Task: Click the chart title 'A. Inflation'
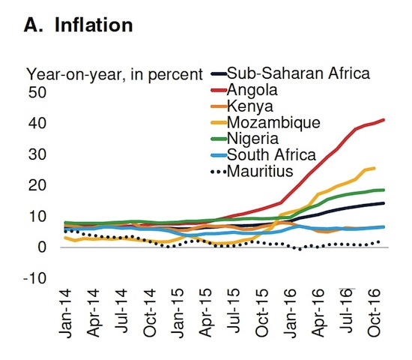pyautogui.click(x=79, y=25)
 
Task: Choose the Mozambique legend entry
pyautogui.click(x=273, y=121)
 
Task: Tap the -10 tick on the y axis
pyautogui.click(x=35, y=278)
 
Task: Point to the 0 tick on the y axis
pyautogui.click(x=43, y=247)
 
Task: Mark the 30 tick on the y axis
pyautogui.click(x=37, y=154)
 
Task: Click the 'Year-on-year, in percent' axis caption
pyautogui.click(x=115, y=73)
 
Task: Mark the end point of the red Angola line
pyautogui.click(x=384, y=119)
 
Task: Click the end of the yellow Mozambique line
pyautogui.click(x=374, y=168)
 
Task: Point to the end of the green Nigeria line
pyautogui.click(x=384, y=190)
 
